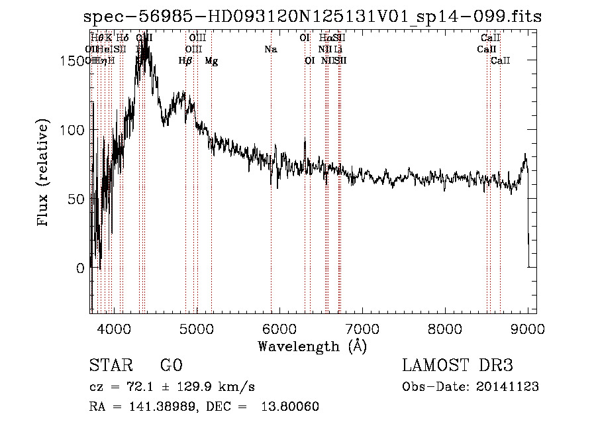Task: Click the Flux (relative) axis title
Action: [44, 174]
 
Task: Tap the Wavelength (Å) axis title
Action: [312, 346]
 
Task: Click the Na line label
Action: [270, 49]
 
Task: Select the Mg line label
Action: [211, 60]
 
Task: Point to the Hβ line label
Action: [185, 60]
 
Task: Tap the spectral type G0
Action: [171, 366]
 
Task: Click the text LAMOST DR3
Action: [458, 366]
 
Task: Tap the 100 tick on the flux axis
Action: [72, 130]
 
